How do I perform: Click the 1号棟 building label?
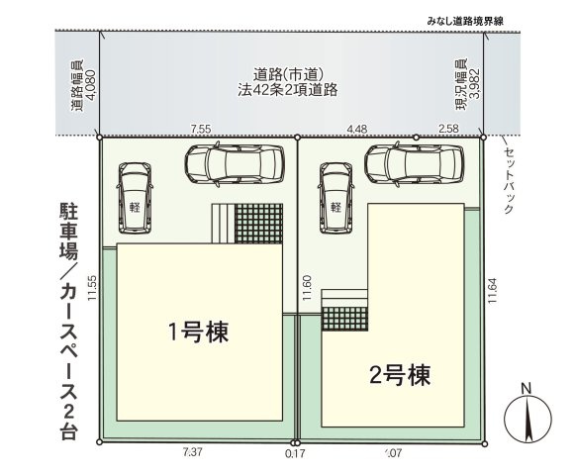pos(198,331)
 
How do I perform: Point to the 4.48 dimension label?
pos(357,128)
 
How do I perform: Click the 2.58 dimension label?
pos(448,128)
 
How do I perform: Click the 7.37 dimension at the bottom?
pos(194,453)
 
